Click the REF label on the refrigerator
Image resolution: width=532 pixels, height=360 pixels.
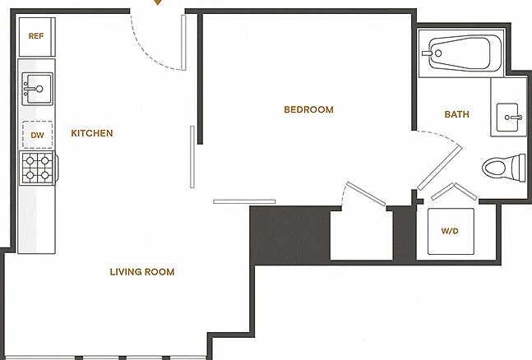point(36,36)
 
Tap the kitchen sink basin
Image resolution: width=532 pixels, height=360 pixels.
point(37,89)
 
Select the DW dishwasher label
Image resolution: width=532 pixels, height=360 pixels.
point(37,136)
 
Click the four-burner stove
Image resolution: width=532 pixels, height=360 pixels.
point(38,168)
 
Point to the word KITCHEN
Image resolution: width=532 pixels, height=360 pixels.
point(92,133)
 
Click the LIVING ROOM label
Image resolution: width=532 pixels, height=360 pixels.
point(142,272)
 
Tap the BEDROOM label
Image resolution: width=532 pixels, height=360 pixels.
point(308,109)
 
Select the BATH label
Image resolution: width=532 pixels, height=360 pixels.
point(456,114)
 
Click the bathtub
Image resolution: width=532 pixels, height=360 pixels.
point(461,53)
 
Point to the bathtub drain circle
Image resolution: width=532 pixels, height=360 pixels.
point(438,53)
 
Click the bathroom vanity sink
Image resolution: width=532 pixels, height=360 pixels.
point(508,118)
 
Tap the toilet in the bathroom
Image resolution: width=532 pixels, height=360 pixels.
point(504,168)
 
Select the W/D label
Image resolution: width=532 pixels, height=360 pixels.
point(450,231)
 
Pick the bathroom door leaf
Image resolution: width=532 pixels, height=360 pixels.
point(440,168)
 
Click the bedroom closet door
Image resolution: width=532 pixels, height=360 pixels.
point(366,194)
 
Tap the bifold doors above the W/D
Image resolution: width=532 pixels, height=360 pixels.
point(454,192)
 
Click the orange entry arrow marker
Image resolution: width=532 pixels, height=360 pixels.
point(157,2)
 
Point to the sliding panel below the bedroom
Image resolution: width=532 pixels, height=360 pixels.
point(244,201)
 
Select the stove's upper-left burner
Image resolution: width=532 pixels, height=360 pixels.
point(30,160)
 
